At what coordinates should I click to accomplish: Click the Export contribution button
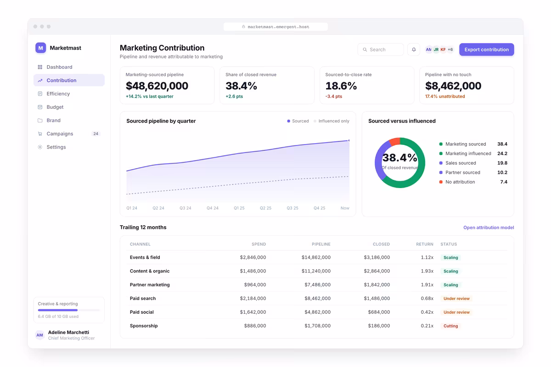tap(486, 50)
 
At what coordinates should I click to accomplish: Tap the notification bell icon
tap(414, 50)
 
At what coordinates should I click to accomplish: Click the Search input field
tap(381, 50)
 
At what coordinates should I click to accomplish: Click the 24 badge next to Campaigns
tap(96, 133)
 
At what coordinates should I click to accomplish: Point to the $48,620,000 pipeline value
tap(157, 86)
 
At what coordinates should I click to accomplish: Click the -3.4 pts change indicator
tap(333, 96)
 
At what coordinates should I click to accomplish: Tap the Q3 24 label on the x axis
tap(185, 208)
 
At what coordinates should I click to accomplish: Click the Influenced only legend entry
tap(332, 121)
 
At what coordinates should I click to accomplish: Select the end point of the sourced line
tap(349, 140)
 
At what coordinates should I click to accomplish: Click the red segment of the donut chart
tap(395, 142)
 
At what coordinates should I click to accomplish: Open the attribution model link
tap(489, 228)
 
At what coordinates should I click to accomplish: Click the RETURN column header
tap(425, 244)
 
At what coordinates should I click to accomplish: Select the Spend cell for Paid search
tap(253, 298)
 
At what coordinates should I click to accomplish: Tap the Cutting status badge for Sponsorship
tap(450, 326)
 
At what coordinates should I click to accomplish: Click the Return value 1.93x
tap(427, 271)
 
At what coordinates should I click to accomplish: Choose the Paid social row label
tap(142, 312)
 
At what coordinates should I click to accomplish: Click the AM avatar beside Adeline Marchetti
tap(39, 335)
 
